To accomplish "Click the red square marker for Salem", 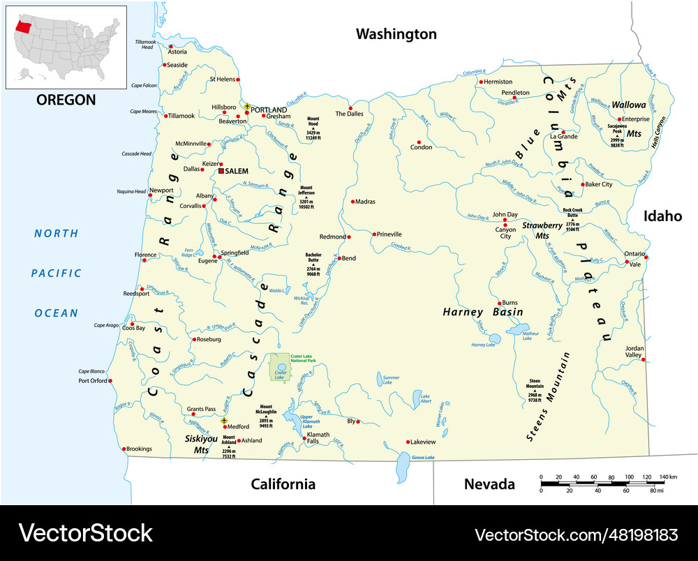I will [x=221, y=171].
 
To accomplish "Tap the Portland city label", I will [x=269, y=110].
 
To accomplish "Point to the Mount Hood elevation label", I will [x=313, y=126].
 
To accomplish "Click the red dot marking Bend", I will [x=339, y=258].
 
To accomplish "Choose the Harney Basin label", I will [x=482, y=313].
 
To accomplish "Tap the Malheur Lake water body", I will [x=520, y=329].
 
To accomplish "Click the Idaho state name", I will [x=662, y=216].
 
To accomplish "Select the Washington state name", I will [x=396, y=33].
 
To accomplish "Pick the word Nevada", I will [x=489, y=484].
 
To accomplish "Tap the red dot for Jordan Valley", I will [x=643, y=360].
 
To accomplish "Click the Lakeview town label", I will [x=423, y=442].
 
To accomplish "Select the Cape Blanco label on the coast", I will [x=91, y=371].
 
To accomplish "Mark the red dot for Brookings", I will [x=124, y=449].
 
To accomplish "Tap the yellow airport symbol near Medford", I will [x=224, y=421].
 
